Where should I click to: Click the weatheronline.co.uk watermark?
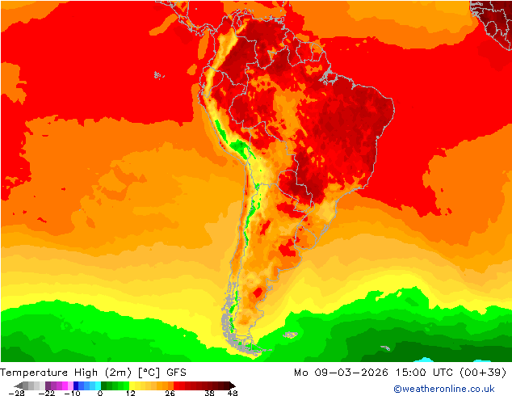449,390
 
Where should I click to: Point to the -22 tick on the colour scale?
46,393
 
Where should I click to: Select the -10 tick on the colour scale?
73,393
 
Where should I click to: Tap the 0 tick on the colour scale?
100,393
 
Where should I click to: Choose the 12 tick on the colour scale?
129,393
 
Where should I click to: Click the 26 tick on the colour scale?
170,393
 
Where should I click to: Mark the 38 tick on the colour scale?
208,393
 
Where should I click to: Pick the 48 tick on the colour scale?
233,393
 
